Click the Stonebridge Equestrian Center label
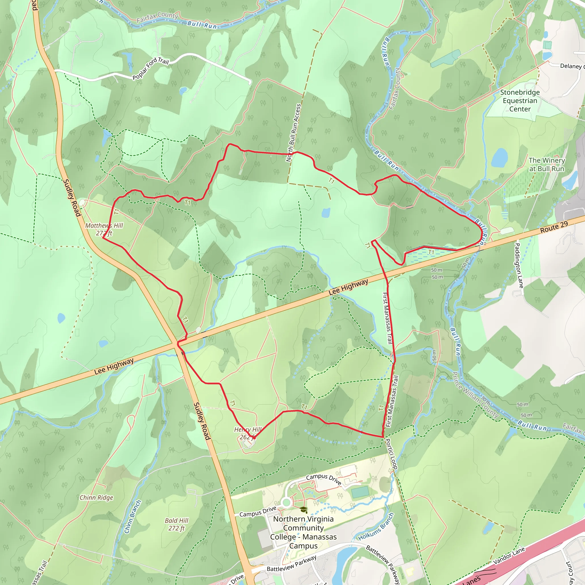coord(520,101)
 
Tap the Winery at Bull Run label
coord(546,165)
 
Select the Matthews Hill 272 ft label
coord(104,229)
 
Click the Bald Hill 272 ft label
coord(177,524)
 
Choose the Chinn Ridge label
coord(96,498)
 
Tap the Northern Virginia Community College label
coord(303,532)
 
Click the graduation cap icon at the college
coord(304,510)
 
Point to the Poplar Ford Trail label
coord(151,69)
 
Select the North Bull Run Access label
coord(293,133)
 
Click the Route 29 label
coord(554,227)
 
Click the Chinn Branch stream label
coord(133,516)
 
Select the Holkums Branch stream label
coord(376,527)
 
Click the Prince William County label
coord(475,395)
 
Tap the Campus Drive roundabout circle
coord(286,503)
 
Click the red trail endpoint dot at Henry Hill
coord(254,438)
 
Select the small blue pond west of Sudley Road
coord(61,318)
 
